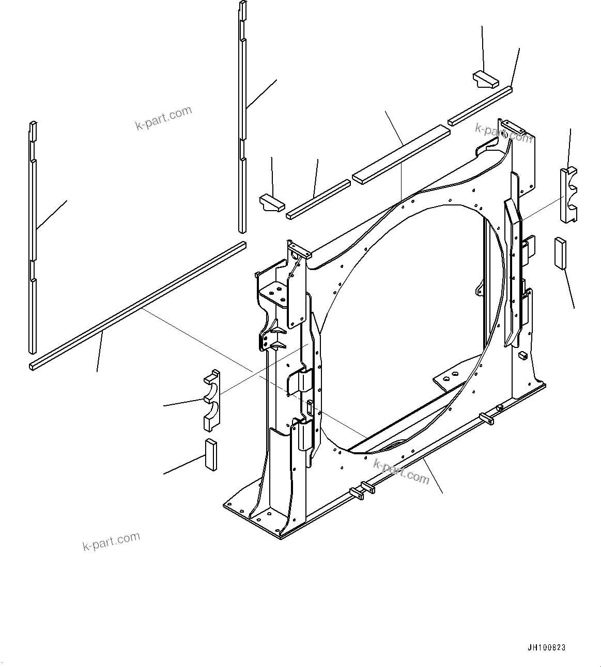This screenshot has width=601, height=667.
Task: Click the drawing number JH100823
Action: (x=547, y=648)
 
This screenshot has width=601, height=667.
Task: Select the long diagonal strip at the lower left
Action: (x=137, y=305)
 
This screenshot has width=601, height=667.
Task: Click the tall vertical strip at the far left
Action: (x=33, y=237)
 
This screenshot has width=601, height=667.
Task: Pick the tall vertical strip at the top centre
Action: (x=242, y=119)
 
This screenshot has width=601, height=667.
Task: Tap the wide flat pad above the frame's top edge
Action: (x=401, y=153)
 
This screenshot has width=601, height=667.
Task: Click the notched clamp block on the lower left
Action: (x=211, y=400)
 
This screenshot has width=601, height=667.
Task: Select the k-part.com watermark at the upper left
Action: (x=163, y=118)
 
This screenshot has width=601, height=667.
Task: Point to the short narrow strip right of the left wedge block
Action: (x=318, y=199)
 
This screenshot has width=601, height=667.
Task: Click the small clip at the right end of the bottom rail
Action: (x=486, y=418)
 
